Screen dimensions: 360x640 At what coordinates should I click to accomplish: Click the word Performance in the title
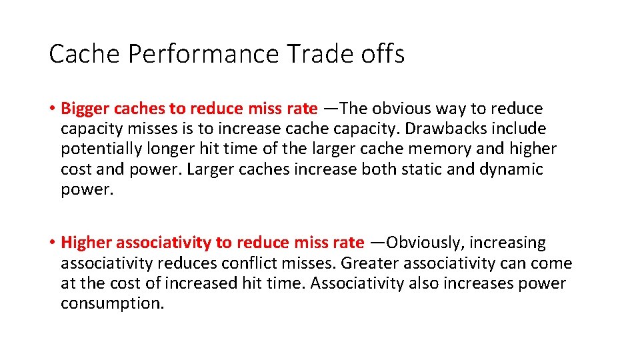(203, 54)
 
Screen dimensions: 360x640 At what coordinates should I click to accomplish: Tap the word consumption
(111, 304)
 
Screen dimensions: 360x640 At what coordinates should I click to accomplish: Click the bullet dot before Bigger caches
(52, 109)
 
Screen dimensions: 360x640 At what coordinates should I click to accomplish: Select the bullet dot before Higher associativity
(52, 243)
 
